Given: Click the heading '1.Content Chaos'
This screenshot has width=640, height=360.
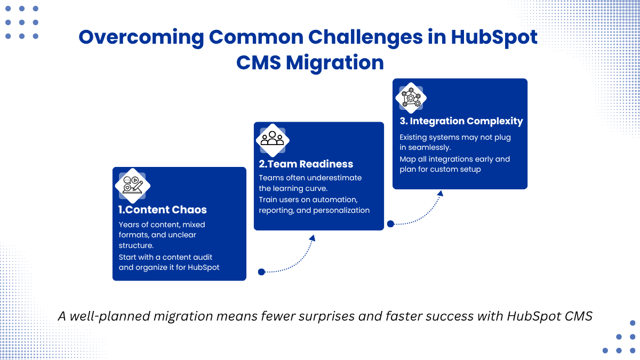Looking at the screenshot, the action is [x=162, y=210].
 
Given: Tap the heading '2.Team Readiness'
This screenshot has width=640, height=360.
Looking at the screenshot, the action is [x=306, y=164].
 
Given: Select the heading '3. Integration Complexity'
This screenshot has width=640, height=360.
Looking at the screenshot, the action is [x=461, y=121].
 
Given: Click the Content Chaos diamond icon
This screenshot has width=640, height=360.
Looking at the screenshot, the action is [x=133, y=186].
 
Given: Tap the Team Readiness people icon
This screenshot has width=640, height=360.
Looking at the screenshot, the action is [x=273, y=140].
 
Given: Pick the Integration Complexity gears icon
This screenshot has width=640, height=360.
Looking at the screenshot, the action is [x=411, y=98].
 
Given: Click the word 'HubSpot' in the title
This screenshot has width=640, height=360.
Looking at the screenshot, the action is [x=494, y=37].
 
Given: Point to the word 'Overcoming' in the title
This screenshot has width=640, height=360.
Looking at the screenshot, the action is [x=141, y=38].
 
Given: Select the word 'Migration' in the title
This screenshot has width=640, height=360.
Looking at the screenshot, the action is [x=335, y=62].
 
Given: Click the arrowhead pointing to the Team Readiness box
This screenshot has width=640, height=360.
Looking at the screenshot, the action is [x=313, y=238].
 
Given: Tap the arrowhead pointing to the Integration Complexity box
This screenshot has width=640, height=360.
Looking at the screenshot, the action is [x=441, y=194].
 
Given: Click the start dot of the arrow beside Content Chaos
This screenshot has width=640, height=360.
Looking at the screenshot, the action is [x=261, y=271].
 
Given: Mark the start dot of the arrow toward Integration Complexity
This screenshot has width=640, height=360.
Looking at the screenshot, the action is [x=390, y=223].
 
